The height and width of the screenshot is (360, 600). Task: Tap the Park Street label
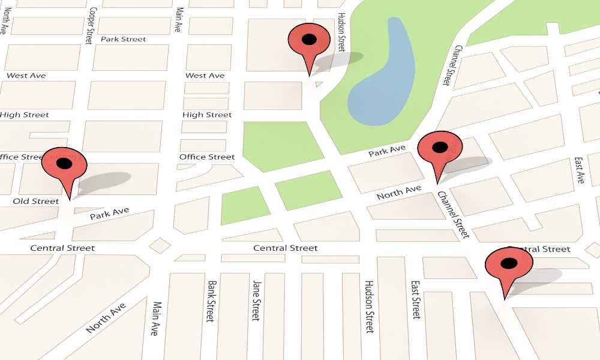tap(123, 39)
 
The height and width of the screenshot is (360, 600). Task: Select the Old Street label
tap(36, 201)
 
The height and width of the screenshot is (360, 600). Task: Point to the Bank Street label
tap(211, 301)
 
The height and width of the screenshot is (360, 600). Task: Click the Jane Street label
tap(256, 301)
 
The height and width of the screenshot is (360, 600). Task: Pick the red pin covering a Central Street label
tap(508, 265)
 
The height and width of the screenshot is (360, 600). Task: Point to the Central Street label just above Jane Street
tap(286, 248)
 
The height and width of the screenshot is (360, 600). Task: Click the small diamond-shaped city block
tap(160, 245)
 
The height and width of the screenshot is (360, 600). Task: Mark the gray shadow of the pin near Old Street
tap(104, 181)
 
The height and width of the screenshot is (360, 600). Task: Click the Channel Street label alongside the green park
tap(452, 65)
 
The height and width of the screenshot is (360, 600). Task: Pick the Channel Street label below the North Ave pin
tap(452, 215)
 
